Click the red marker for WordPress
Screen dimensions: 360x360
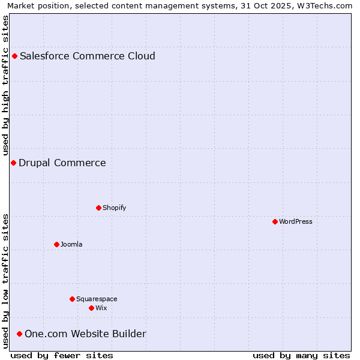(275, 221)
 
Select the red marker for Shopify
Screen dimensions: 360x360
(98, 208)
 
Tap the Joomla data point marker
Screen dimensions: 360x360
(56, 244)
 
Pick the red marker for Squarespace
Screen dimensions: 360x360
(72, 299)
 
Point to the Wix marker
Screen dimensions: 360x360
(91, 308)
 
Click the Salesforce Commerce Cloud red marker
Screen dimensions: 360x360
(14, 56)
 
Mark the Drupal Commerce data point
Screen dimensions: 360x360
(13, 163)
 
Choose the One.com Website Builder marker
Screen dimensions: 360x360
(19, 334)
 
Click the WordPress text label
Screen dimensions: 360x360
(296, 221)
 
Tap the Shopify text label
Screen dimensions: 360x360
(114, 208)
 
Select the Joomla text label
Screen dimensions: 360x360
(71, 244)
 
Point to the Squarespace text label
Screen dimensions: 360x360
(97, 299)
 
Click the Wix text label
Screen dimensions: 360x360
(101, 308)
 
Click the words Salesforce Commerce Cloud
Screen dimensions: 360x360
(88, 56)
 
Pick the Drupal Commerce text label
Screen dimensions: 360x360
(62, 163)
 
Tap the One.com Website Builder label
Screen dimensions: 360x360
(85, 334)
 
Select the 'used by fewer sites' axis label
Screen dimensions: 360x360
(62, 355)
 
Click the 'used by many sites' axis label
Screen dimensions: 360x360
(301, 355)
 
